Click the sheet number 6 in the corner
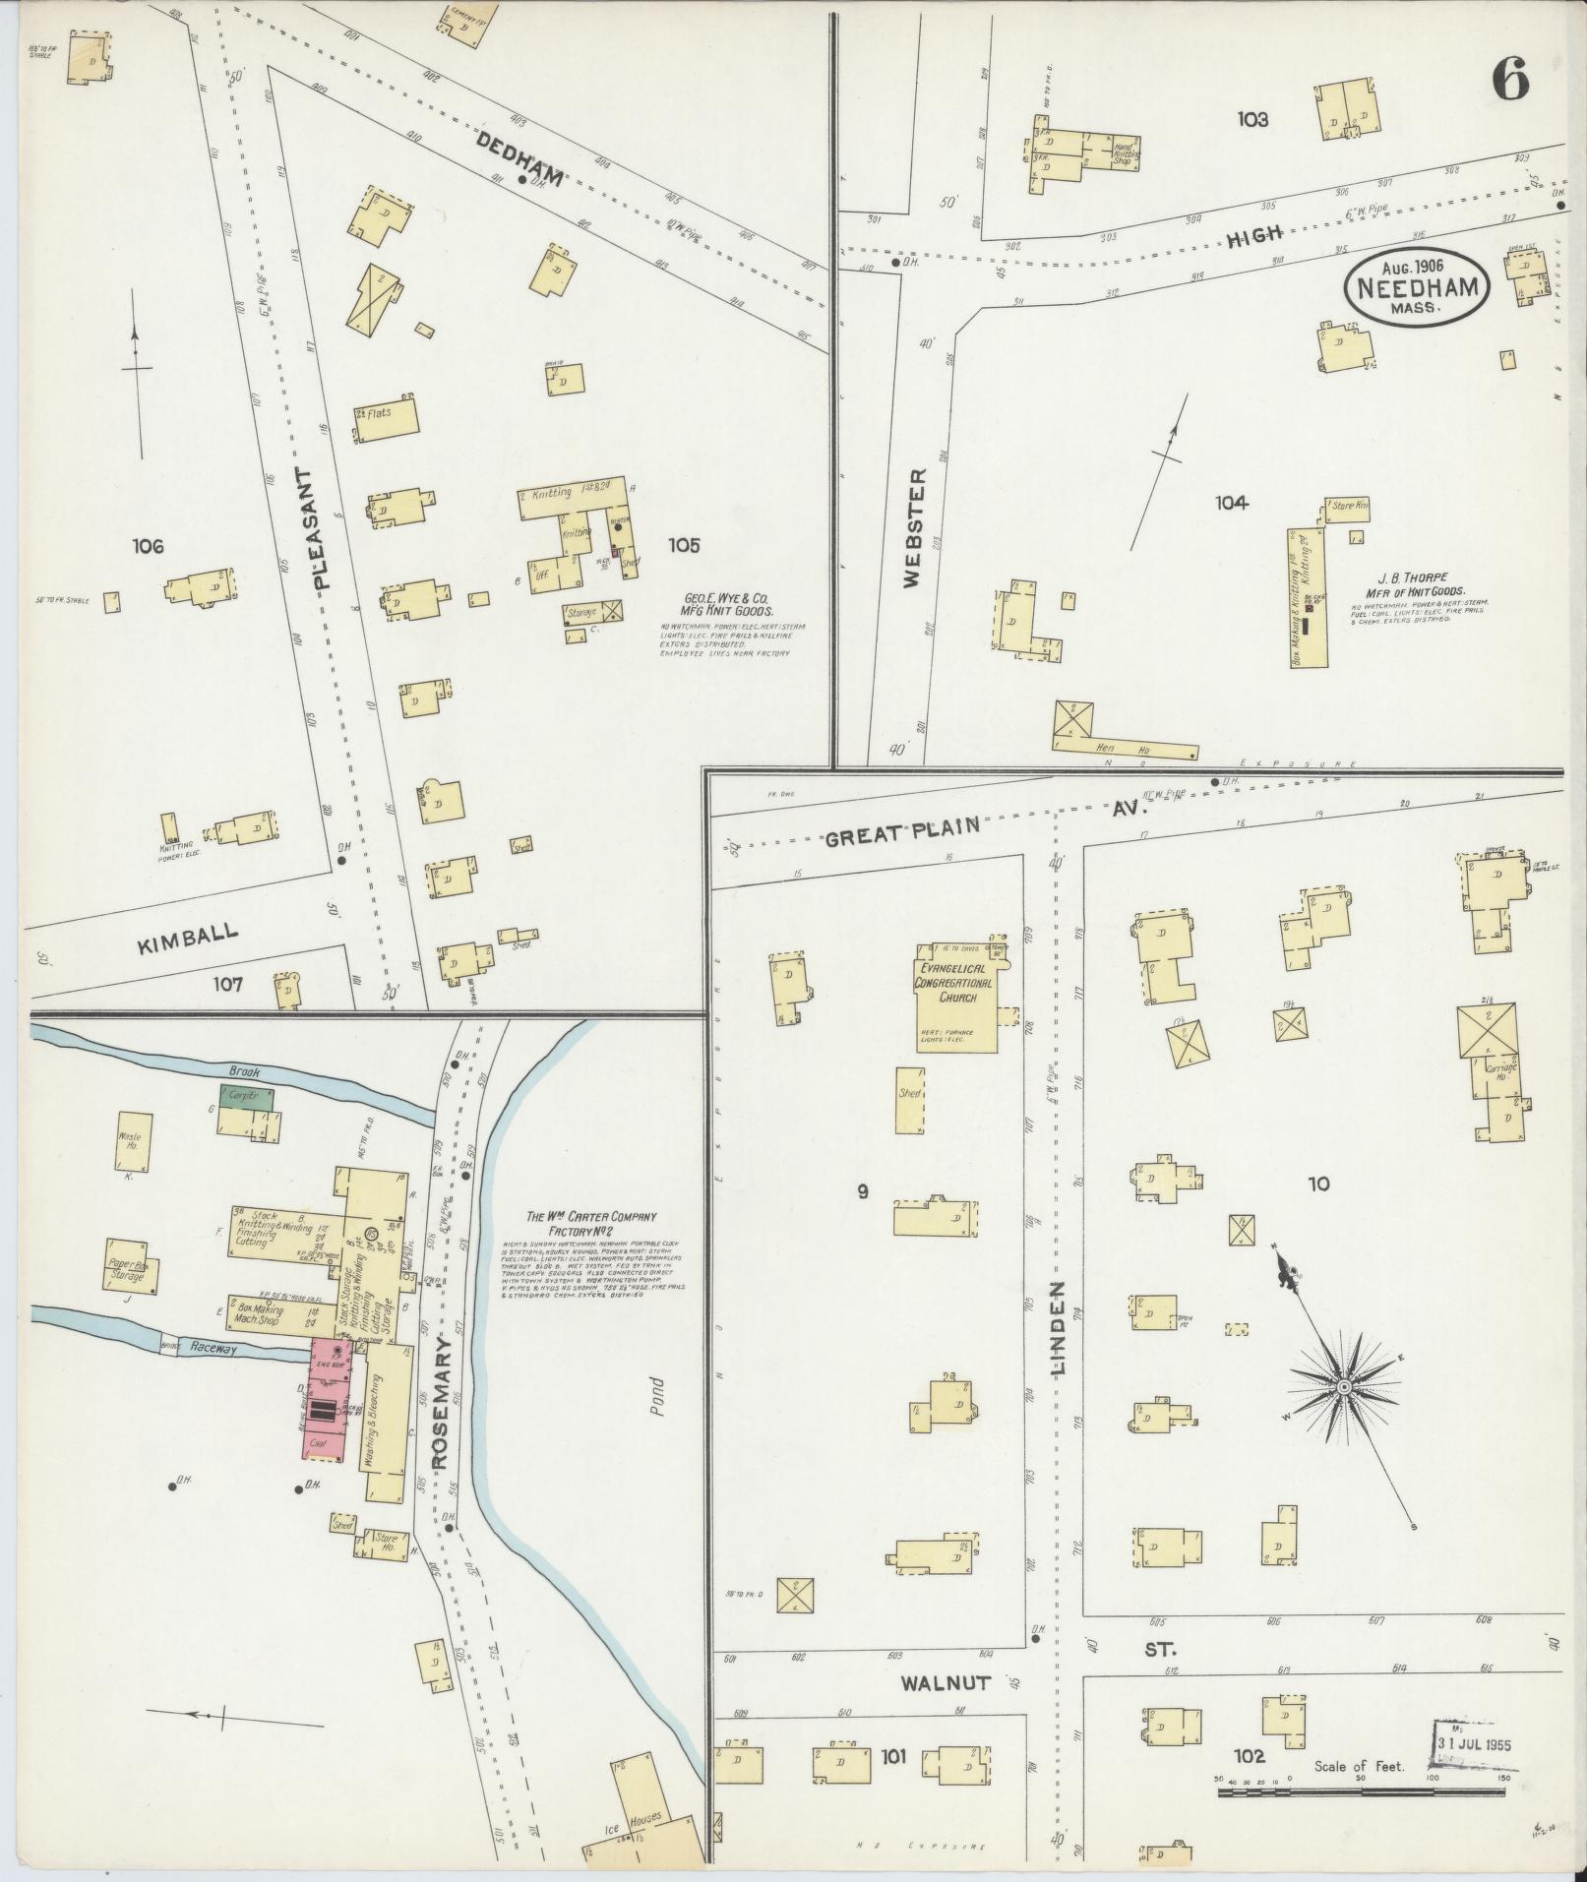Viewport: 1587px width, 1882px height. (1510, 79)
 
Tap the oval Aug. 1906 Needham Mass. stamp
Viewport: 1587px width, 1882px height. (1416, 285)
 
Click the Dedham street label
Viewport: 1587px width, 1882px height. (520, 160)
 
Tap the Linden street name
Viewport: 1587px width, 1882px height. (1060, 1327)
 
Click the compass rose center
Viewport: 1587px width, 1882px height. (1342, 1386)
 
